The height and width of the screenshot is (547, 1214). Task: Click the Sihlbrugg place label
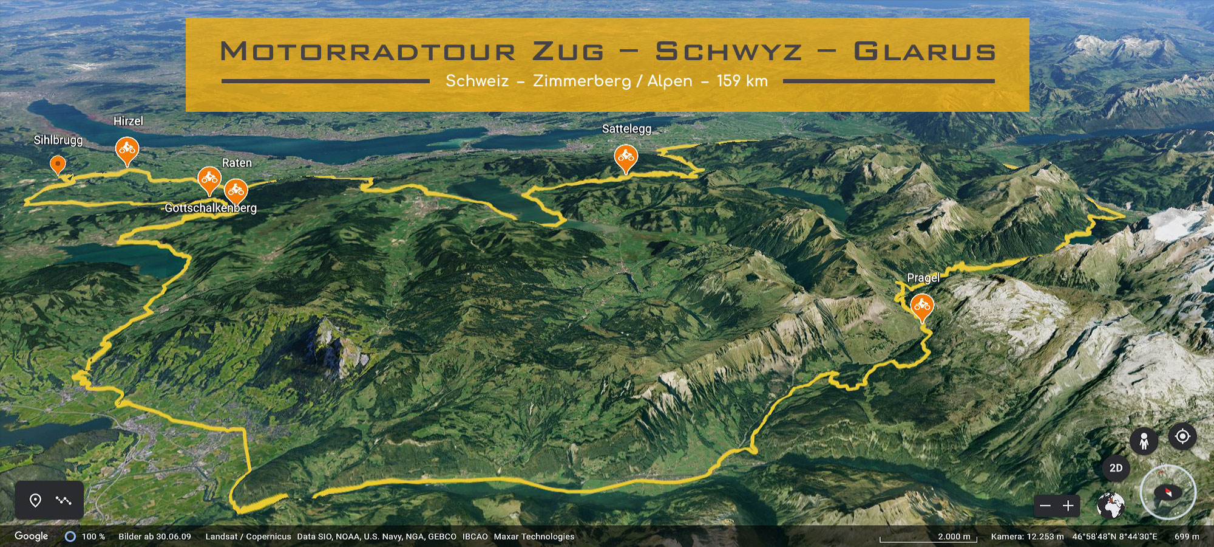(58, 140)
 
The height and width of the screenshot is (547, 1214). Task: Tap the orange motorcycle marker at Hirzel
(127, 149)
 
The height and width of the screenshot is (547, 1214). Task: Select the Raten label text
(237, 163)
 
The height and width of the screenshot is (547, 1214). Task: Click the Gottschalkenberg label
(211, 208)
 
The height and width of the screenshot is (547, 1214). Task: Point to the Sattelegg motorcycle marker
(626, 157)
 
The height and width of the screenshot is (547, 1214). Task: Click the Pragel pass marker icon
(921, 305)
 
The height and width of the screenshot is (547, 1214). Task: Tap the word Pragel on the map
(923, 278)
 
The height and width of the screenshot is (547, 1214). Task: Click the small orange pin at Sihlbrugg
(58, 163)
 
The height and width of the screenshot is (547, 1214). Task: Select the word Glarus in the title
(924, 52)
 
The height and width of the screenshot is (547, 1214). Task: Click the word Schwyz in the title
(728, 52)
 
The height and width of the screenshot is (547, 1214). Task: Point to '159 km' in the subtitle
(742, 81)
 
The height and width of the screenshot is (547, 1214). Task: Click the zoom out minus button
(1045, 506)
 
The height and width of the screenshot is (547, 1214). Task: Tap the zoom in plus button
(1068, 506)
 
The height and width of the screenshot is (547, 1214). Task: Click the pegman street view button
(1144, 441)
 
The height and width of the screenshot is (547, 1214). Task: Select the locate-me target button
(1182, 436)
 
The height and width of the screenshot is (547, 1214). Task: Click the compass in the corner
(1168, 492)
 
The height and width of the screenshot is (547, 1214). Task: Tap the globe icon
(1111, 506)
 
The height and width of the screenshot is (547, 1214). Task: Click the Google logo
(32, 536)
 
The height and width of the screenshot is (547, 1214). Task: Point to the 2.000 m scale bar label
(954, 537)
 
